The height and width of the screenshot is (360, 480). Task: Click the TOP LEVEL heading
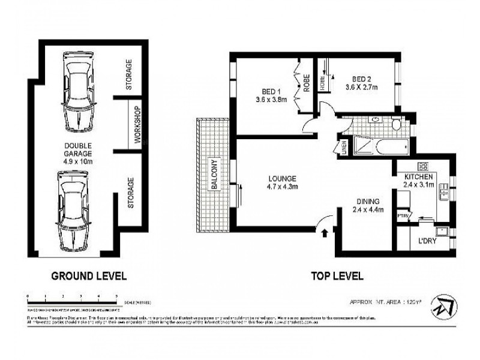point(337,276)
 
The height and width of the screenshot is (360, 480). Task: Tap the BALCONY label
point(212,174)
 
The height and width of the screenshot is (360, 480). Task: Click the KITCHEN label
point(419,177)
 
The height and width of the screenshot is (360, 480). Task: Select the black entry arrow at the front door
point(325,232)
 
